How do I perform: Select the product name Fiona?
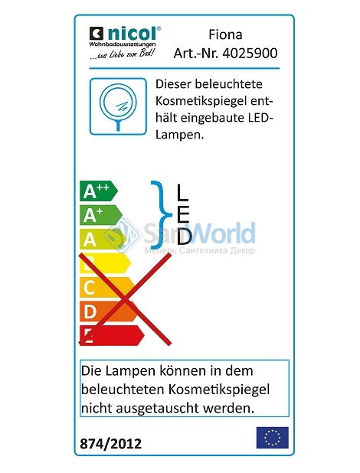tap(225, 34)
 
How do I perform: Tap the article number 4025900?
tap(250, 53)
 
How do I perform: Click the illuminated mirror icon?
tap(118, 106)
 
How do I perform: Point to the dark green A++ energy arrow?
tap(99, 191)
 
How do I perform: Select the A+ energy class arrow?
tap(101, 215)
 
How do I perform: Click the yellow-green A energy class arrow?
tap(103, 240)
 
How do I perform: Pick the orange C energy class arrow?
tap(107, 287)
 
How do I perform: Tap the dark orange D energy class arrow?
tap(110, 312)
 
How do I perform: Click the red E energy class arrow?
tap(112, 335)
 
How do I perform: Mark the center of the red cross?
tap(125, 299)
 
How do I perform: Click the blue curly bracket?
tap(161, 215)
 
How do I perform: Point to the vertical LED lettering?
tap(184, 214)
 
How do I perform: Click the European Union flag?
tap(273, 437)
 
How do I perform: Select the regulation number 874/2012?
tap(110, 444)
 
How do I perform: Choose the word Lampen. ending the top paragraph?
tap(180, 135)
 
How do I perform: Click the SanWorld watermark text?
tap(199, 233)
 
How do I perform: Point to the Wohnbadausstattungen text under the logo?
tap(123, 44)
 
